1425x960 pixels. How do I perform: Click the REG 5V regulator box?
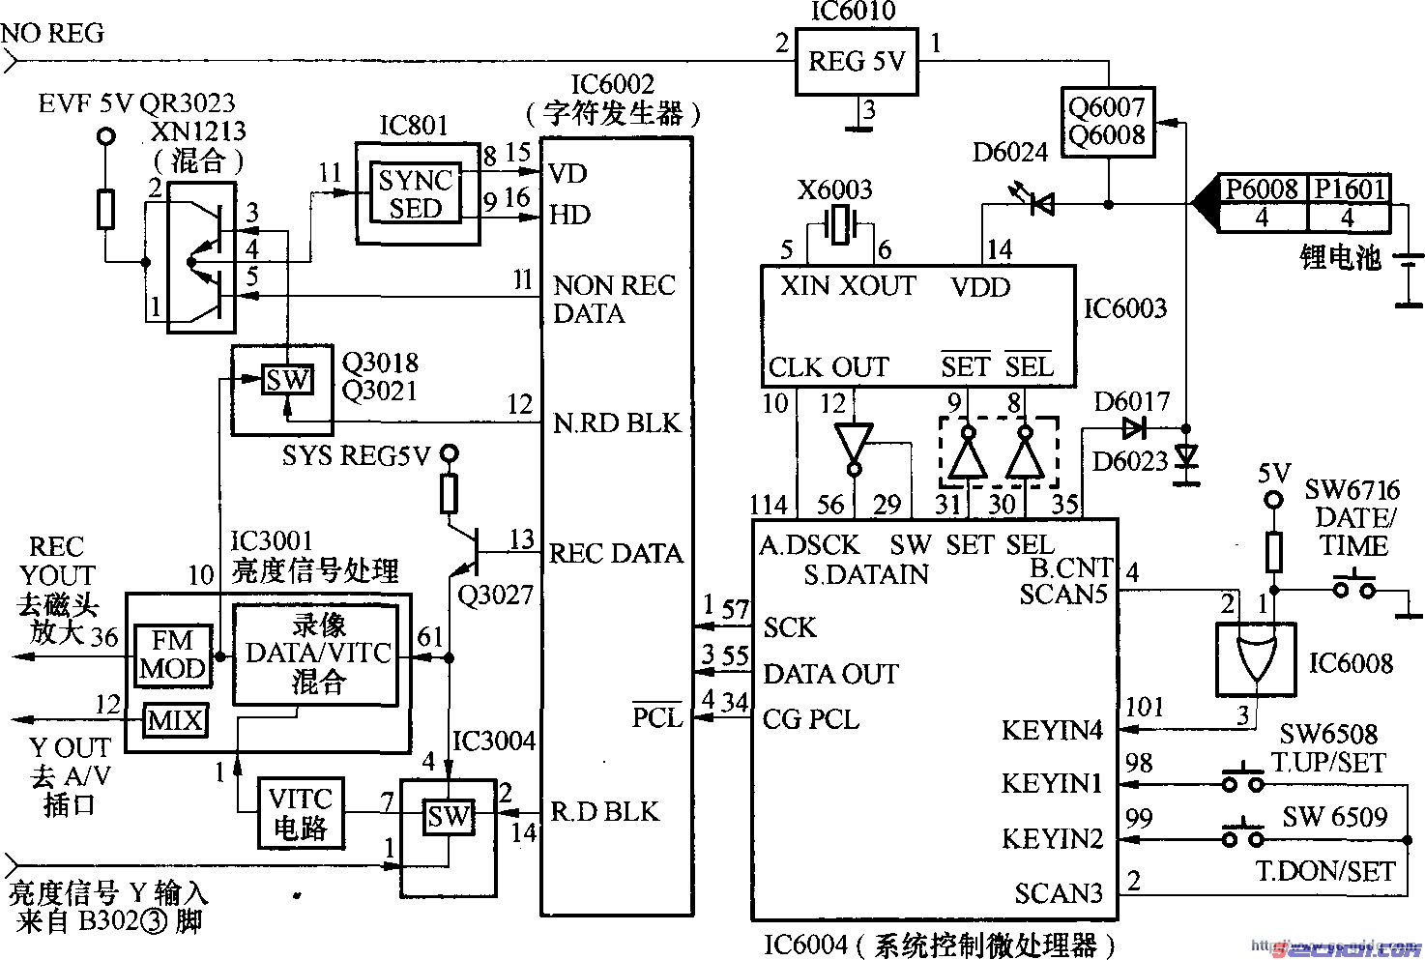[857, 64]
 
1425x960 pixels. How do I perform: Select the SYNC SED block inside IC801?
[416, 194]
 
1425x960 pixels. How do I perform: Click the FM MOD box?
[172, 655]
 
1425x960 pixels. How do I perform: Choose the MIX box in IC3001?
[175, 720]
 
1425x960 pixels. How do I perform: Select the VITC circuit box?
[300, 813]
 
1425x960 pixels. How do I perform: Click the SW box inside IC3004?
[449, 817]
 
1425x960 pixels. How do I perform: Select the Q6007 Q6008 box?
[1107, 122]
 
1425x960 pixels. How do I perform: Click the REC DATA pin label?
[616, 554]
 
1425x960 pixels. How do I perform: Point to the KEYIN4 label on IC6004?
[1052, 730]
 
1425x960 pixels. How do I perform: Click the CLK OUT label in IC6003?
[829, 367]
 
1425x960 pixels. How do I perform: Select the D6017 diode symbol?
[1134, 426]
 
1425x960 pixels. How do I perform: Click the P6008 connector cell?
[1261, 189]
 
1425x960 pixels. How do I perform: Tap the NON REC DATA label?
[614, 299]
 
